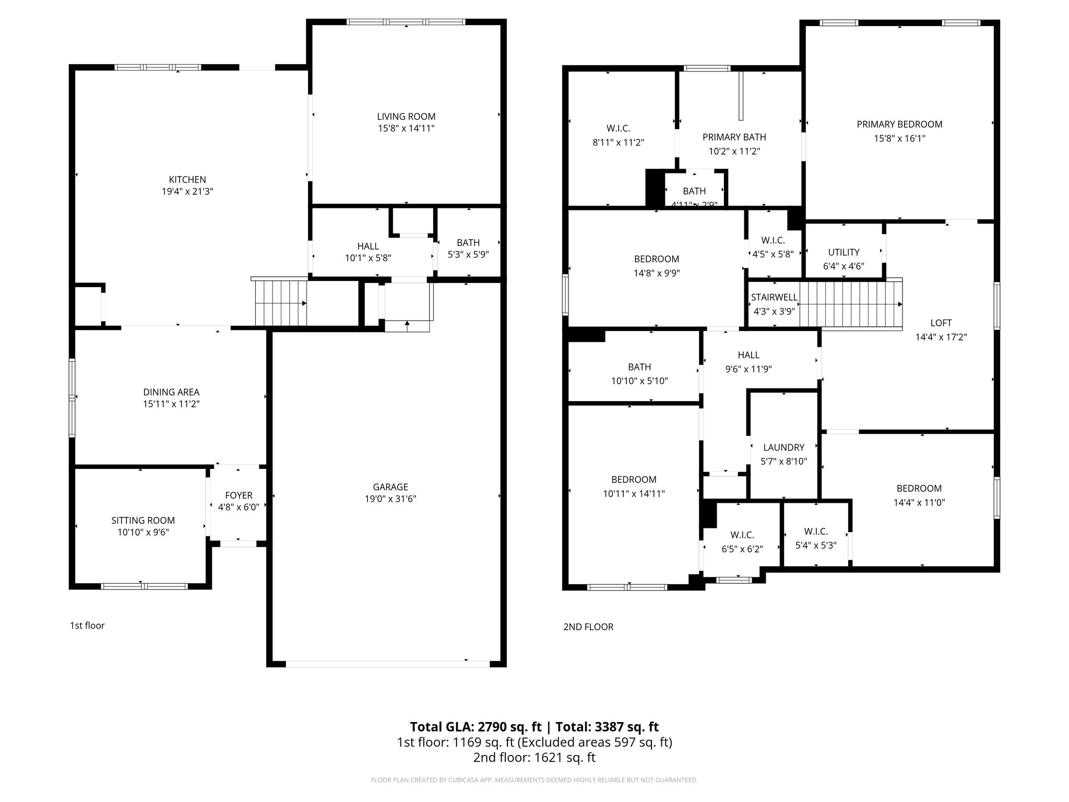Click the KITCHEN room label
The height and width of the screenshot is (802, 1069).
[187, 180]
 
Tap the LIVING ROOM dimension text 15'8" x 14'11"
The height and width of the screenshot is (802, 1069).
[406, 128]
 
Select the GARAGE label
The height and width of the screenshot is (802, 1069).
[390, 487]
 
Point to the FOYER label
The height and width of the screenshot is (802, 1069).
[239, 495]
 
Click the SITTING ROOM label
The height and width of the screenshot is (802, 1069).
[143, 520]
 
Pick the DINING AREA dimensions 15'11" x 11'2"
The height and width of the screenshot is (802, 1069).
[171, 404]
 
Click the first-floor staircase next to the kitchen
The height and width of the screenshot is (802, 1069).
[280, 302]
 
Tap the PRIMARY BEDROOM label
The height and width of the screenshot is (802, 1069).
[899, 124]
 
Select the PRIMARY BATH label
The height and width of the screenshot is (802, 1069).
[734, 137]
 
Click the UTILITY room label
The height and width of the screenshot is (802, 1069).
[844, 252]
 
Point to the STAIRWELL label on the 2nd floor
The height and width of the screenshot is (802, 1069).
[774, 297]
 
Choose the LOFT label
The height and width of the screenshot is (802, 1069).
[941, 323]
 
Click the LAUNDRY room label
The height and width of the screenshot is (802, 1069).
[783, 447]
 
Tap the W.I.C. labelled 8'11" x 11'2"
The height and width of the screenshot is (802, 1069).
[618, 128]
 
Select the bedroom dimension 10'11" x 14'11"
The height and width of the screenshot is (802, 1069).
[634, 493]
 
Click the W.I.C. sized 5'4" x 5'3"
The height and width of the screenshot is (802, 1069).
[815, 532]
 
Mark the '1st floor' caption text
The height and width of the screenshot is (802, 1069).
[87, 626]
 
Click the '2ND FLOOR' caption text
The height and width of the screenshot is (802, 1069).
[588, 627]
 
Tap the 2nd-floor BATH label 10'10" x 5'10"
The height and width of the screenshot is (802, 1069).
[639, 367]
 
